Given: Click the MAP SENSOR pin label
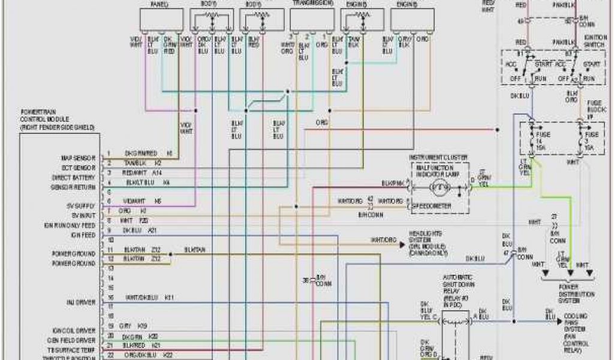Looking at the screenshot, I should pyautogui.click(x=78, y=158).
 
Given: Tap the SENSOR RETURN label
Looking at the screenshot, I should pyautogui.click(x=76, y=187).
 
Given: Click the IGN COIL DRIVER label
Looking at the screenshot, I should pyautogui.click(x=74, y=331).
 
